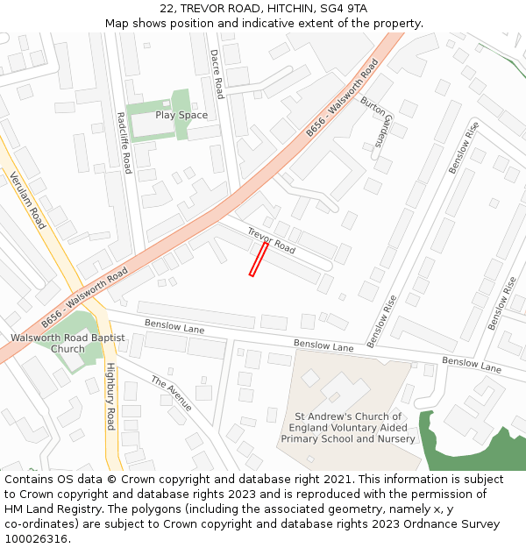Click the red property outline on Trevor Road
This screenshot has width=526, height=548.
tap(259, 260)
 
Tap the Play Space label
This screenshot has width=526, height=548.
tap(181, 115)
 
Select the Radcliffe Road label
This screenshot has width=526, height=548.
tap(124, 143)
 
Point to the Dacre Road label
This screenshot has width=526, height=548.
tap(217, 74)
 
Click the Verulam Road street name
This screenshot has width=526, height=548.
tap(27, 200)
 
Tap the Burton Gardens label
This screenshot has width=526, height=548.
tap(373, 120)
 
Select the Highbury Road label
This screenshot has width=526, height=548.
tap(110, 396)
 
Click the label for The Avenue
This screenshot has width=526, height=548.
tap(172, 394)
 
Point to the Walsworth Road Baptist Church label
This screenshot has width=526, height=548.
tap(68, 343)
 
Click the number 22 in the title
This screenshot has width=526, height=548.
tap(167, 9)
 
